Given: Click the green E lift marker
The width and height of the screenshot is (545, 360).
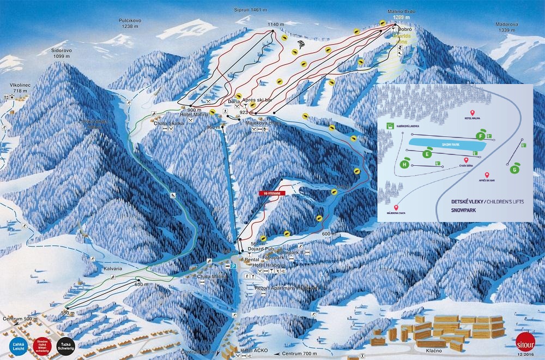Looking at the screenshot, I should click(x=428, y=154).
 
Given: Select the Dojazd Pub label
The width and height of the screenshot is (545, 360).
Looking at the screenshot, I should click(x=259, y=249).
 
